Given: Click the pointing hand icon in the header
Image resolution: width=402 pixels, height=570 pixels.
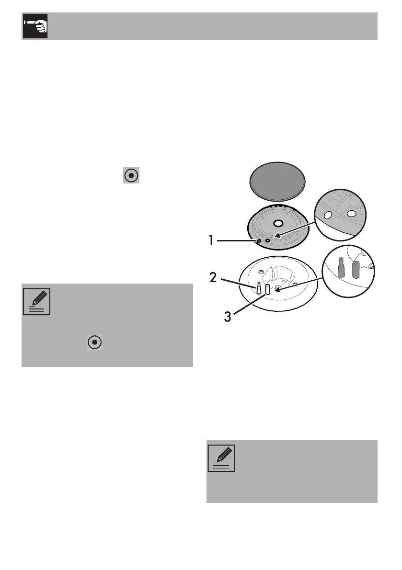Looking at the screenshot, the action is pos(34,26).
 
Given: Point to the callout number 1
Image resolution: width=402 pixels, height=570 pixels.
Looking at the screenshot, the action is pos(211,240).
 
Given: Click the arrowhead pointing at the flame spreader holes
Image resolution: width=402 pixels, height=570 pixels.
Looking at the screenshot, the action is pos(277,235).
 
